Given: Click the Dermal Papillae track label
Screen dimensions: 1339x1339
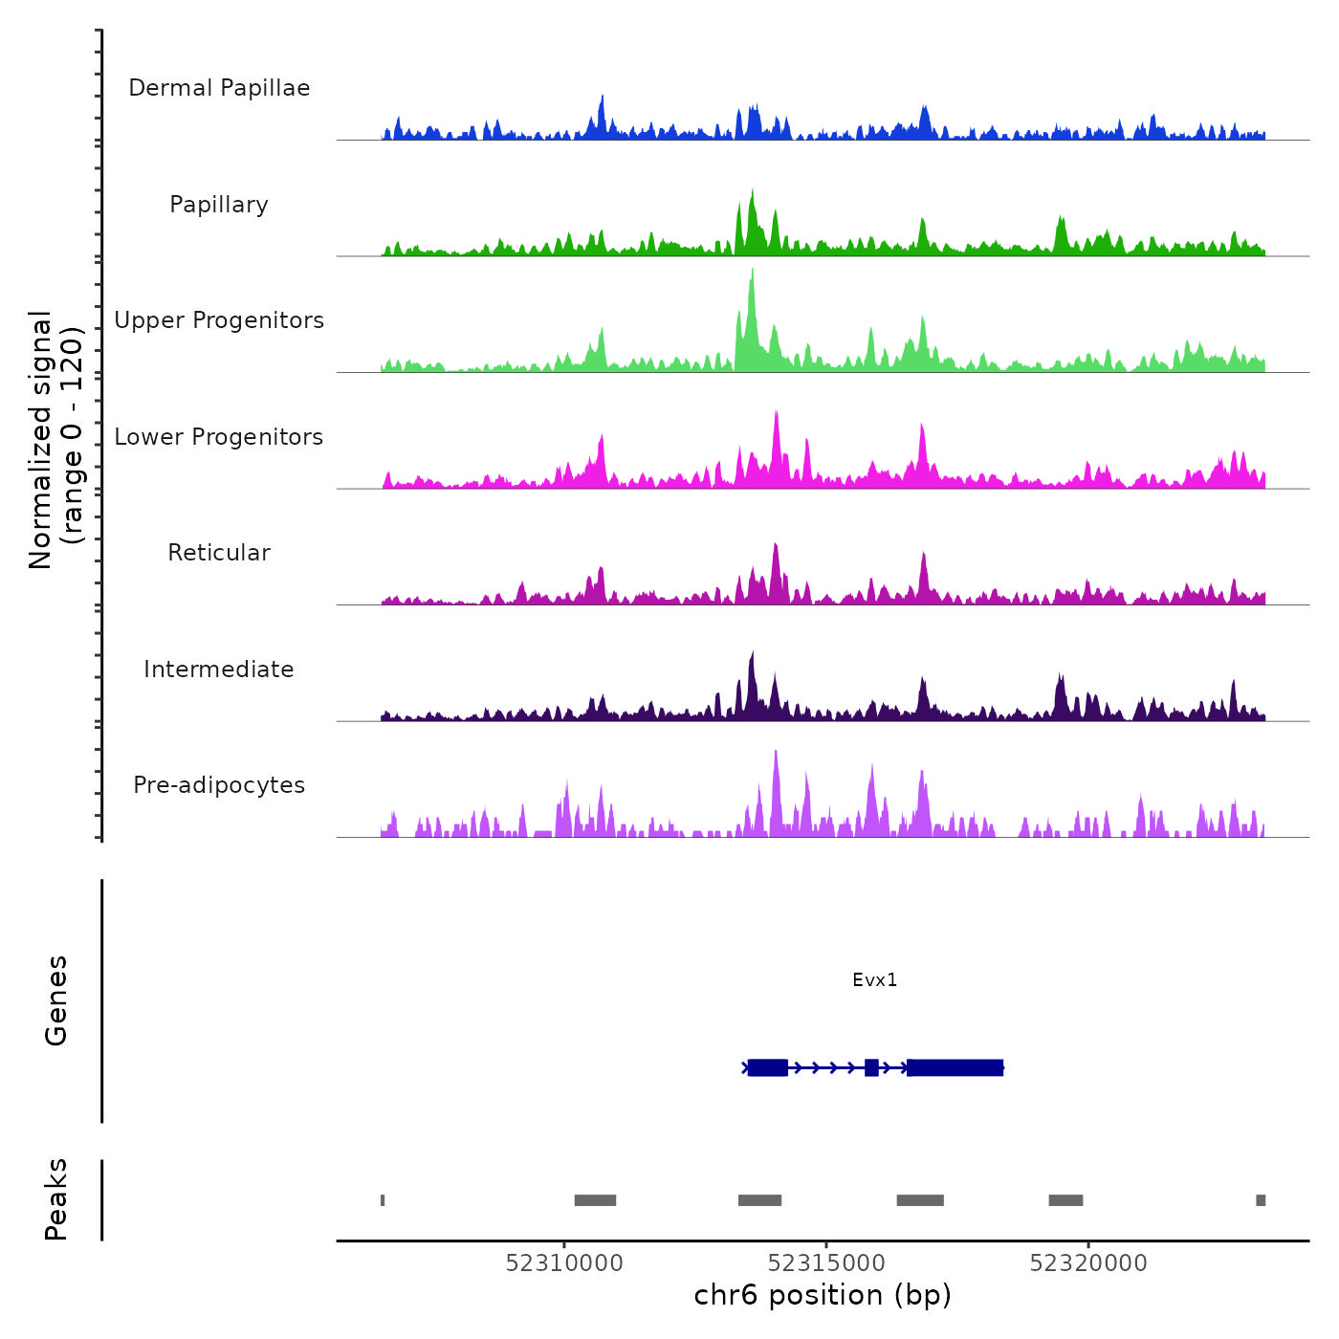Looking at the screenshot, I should (219, 88).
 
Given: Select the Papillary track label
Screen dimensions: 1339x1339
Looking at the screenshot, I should (219, 205).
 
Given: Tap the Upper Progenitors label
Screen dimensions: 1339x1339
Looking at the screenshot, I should (219, 320).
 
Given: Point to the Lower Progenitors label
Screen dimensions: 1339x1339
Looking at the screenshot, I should (219, 437).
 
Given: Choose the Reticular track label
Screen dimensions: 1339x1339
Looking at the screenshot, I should (219, 553).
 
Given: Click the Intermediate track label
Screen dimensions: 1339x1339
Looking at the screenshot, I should (219, 669).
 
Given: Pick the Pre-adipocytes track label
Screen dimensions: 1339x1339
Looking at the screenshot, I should (219, 785).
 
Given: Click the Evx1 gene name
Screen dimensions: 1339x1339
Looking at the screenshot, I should (875, 980).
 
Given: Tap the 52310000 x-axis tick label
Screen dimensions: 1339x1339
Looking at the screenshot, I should (564, 1263).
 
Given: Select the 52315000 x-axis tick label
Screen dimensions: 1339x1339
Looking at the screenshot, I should (826, 1263).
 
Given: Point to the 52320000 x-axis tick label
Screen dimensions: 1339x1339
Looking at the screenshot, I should (1088, 1263).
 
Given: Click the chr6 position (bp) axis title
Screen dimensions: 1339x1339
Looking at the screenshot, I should (823, 1295).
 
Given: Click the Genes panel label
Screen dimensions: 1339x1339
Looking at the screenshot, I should (56, 1000).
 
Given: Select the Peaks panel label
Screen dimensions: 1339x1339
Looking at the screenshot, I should (56, 1199).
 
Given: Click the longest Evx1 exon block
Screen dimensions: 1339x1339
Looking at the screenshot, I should (955, 1067).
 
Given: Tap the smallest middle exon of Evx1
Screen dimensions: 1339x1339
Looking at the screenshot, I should (871, 1067).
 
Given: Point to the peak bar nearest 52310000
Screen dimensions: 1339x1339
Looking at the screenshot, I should (595, 1200).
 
